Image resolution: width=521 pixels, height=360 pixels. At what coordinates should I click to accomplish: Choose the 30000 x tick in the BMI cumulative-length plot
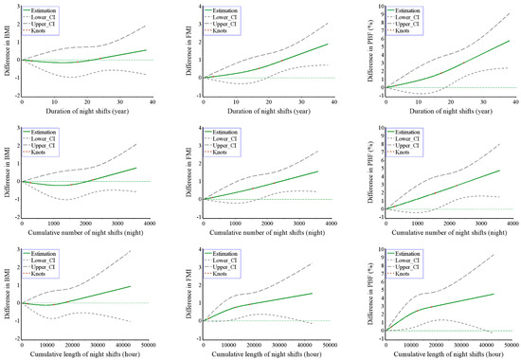pos(101,344)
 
